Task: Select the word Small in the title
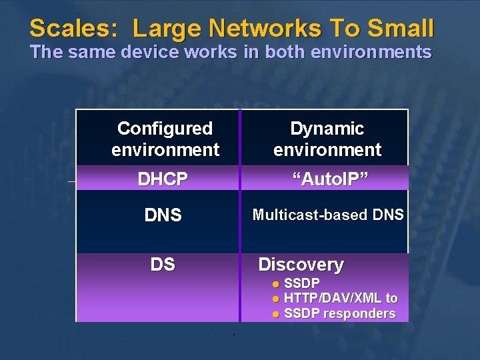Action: coord(403,29)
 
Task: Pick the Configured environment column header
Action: coord(165,139)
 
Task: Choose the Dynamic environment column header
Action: coord(327,139)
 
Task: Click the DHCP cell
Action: coord(163,179)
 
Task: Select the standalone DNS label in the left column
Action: coord(163,215)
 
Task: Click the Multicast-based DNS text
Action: coord(327,215)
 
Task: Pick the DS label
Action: coord(163,265)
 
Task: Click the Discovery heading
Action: coord(301,265)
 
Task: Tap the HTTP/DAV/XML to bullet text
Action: coord(341,299)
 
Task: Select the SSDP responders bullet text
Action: coord(339,313)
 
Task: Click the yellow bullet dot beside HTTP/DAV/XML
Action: coord(275,299)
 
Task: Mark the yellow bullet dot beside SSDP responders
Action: coord(275,314)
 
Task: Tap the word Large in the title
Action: coord(167,29)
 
